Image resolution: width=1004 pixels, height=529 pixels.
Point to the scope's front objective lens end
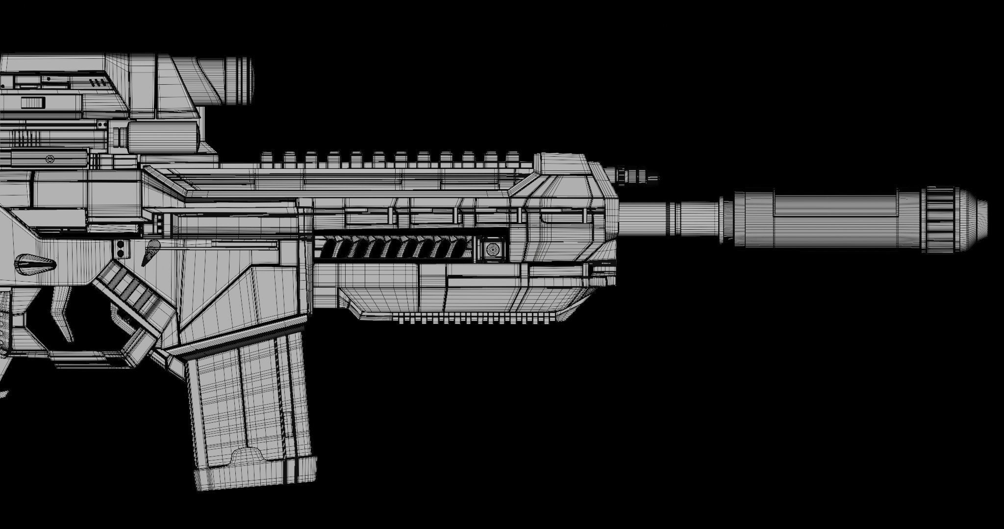240,80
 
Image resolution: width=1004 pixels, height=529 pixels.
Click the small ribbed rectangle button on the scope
33,103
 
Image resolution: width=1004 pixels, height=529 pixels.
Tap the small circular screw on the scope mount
50,159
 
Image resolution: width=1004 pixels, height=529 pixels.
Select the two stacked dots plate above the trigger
121,248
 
